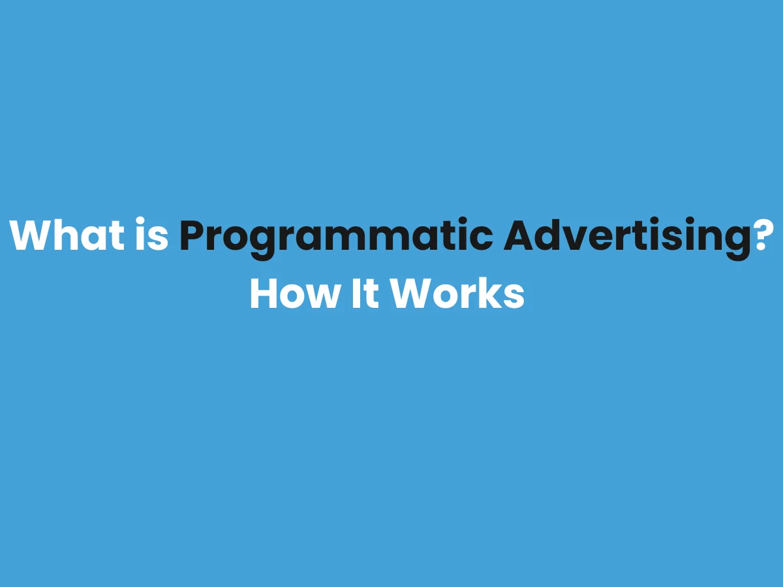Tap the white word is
click(153, 235)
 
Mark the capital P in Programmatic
click(191, 235)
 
